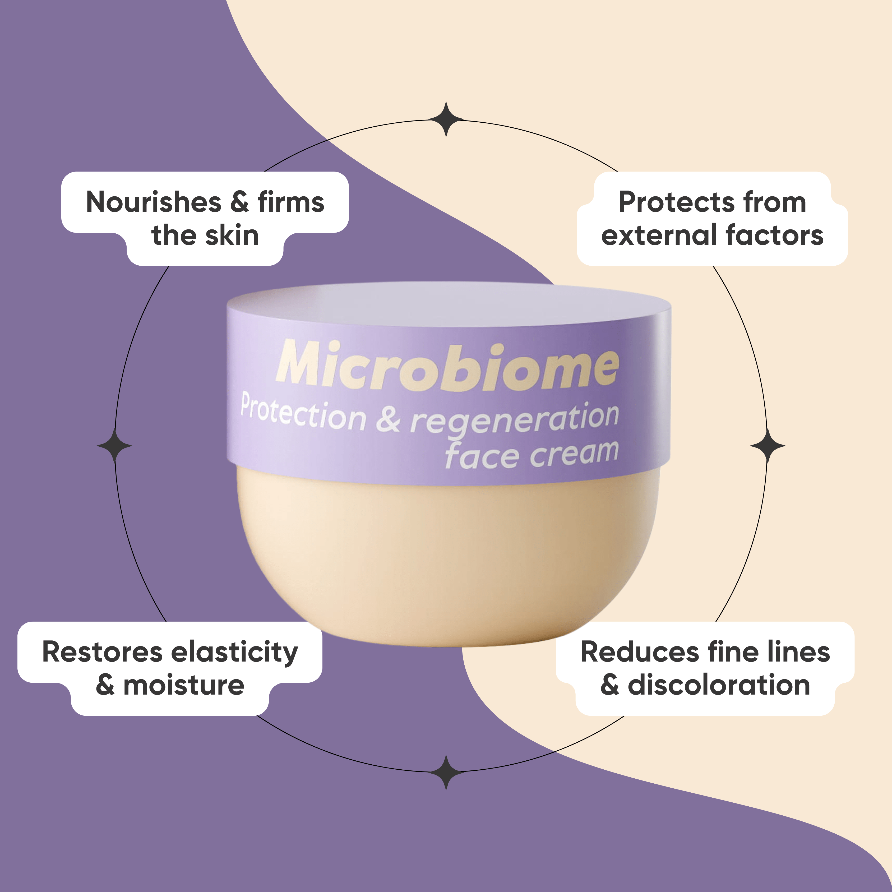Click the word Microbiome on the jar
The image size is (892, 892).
(447, 366)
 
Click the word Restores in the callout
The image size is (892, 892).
(103, 652)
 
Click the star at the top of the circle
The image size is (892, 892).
(446, 119)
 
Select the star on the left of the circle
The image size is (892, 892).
(114, 446)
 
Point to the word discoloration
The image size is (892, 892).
(719, 685)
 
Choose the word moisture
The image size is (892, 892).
(184, 685)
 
